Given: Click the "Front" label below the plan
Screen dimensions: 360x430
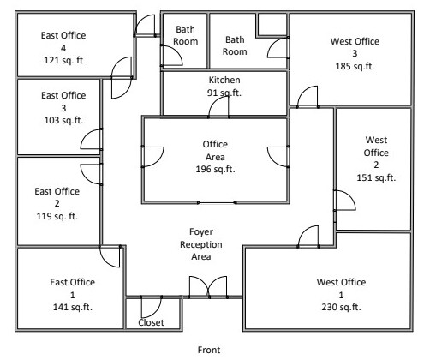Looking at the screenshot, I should [x=210, y=349].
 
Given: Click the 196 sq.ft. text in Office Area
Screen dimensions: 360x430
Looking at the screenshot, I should [x=214, y=168].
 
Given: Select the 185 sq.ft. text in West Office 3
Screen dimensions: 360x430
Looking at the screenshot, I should [x=353, y=65].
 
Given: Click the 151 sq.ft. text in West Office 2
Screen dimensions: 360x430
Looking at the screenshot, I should [x=376, y=177].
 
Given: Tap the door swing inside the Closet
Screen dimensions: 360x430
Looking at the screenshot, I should [x=149, y=307].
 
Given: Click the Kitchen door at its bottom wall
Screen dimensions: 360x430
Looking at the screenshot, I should [x=220, y=106].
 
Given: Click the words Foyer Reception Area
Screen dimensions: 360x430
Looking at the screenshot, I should [x=206, y=244].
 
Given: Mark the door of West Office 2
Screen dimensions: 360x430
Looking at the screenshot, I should [x=343, y=201].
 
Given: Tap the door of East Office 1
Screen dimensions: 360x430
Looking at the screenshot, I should [x=110, y=255].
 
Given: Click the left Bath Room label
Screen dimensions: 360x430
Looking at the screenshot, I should [x=186, y=34].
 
